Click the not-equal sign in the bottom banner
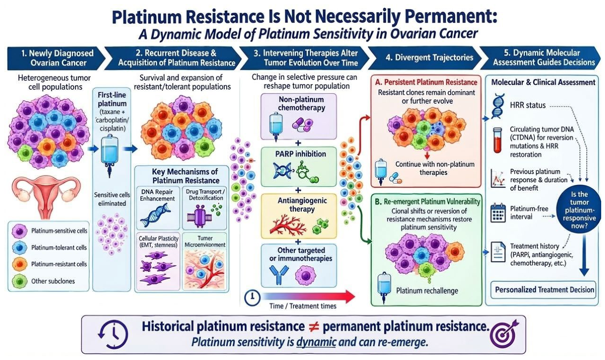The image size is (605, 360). point(314,327)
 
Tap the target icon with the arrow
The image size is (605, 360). point(503,333)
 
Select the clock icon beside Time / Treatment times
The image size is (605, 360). point(252,297)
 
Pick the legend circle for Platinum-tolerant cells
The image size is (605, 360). point(19,247)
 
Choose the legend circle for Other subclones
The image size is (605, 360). point(19,281)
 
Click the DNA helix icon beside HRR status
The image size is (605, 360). point(498,106)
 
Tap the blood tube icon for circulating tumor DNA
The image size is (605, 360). point(497,140)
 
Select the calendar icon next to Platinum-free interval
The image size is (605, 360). point(498,213)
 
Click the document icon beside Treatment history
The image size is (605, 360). point(498,252)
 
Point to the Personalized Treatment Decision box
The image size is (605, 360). point(543,290)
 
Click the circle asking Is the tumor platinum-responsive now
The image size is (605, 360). point(579,209)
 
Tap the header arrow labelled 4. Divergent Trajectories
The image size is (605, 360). point(425,58)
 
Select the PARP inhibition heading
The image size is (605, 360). point(300,154)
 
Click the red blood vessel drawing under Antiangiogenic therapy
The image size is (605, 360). point(288,224)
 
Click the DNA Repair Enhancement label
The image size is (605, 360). point(157,195)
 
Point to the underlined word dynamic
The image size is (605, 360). point(316,342)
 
